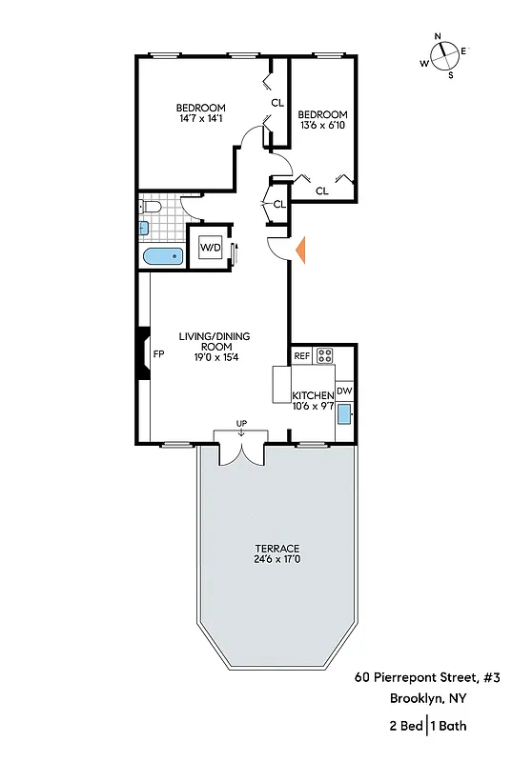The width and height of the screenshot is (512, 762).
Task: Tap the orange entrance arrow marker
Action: point(300,250)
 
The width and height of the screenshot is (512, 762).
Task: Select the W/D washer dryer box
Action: point(210,250)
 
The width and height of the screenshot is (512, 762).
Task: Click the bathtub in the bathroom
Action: point(161,255)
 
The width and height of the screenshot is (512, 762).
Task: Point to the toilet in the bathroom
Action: point(150,207)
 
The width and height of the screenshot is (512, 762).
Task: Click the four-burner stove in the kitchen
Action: point(325,356)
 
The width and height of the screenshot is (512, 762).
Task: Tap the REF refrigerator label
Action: point(301,356)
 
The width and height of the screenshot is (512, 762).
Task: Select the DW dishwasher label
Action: point(344,391)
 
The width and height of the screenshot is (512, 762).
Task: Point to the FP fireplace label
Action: point(160,353)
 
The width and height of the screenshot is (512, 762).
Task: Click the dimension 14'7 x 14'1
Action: point(199,119)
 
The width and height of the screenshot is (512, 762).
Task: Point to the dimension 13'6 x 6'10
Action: point(322,125)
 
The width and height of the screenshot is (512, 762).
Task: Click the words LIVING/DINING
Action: point(213,336)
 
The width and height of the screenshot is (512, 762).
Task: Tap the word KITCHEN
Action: point(312,395)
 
